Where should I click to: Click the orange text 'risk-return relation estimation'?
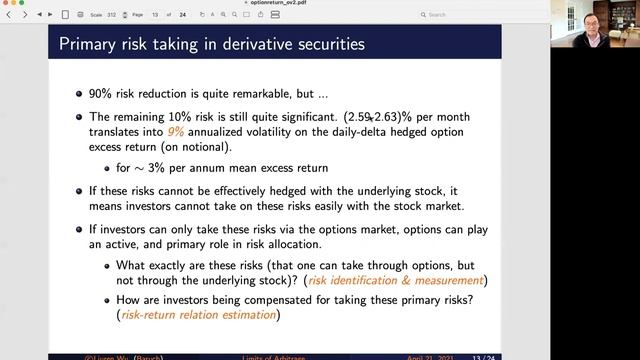(x=198, y=315)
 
